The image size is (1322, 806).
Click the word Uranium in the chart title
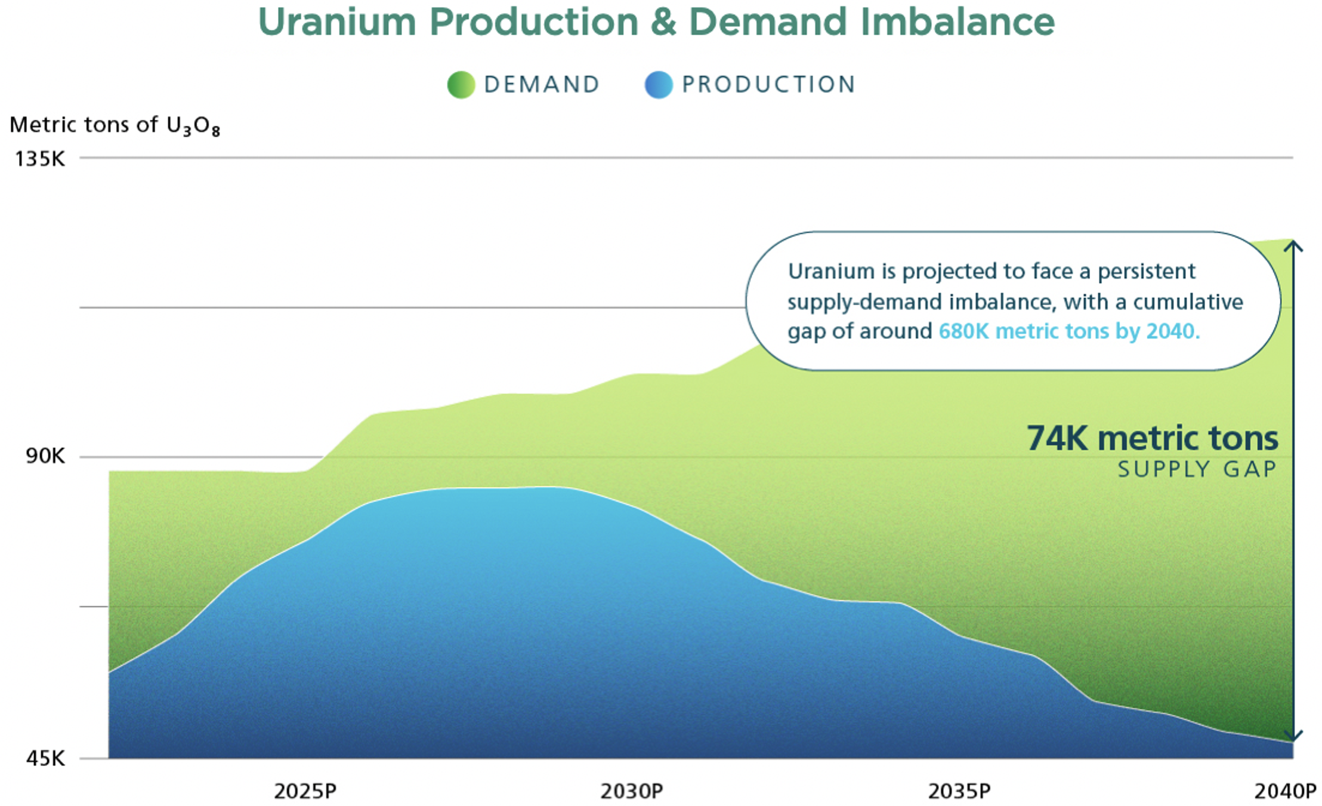[x=337, y=23]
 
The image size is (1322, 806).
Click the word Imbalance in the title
[x=957, y=23]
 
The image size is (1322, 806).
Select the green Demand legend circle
[x=461, y=85]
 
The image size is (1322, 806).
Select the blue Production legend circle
[x=659, y=85]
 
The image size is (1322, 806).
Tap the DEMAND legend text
[x=542, y=85]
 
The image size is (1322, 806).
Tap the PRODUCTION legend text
[x=769, y=85]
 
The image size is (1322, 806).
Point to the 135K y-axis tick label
[x=40, y=159]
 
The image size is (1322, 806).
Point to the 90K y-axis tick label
[x=45, y=456]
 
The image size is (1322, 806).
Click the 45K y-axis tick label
[x=45, y=758]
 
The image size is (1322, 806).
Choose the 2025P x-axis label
[x=305, y=791]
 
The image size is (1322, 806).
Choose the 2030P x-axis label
[x=632, y=791]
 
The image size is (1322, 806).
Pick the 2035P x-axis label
[x=959, y=791]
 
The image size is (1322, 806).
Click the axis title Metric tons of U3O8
[x=115, y=125]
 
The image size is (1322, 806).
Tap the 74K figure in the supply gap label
[x=1057, y=438]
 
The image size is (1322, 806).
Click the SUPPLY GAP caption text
[x=1197, y=469]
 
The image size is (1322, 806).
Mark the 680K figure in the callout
[x=963, y=331]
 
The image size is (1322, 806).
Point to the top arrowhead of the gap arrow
[x=1293, y=245]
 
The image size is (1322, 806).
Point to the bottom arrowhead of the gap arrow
[x=1293, y=737]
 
